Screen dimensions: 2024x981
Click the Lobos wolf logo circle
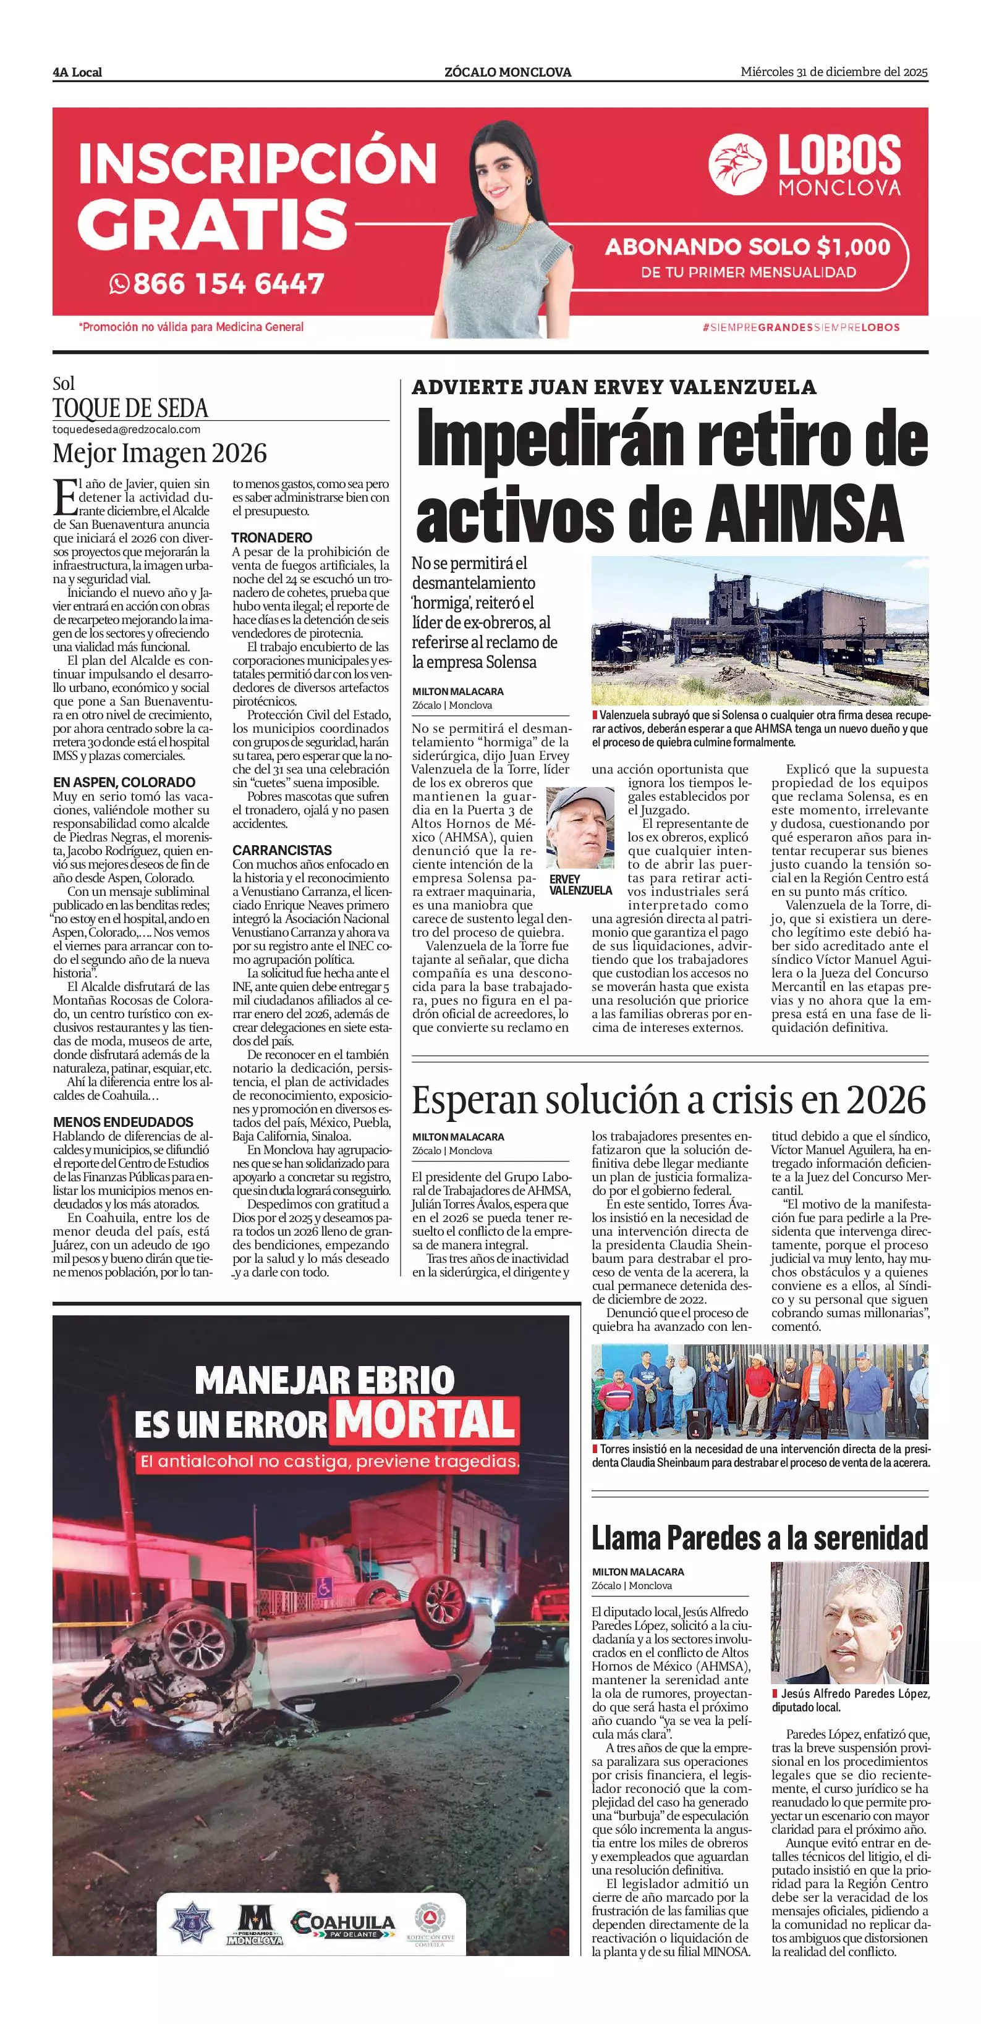pos(737,164)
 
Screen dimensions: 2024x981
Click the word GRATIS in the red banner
pos(212,223)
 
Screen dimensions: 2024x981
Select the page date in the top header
pos(833,72)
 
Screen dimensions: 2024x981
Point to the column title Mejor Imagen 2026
pos(159,453)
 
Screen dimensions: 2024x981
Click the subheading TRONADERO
pos(271,538)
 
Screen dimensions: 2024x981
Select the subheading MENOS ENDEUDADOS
pos(122,1122)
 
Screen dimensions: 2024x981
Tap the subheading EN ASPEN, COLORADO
pos(124,783)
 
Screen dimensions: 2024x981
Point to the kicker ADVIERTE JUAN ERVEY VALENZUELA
pos(614,387)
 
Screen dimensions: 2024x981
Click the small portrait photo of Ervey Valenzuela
pos(580,827)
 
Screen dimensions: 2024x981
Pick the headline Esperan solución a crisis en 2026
pos(669,1100)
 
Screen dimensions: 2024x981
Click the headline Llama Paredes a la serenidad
pos(759,1537)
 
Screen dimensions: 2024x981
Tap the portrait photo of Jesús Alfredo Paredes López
pos(849,1622)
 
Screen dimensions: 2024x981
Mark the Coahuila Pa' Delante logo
pos(342,1923)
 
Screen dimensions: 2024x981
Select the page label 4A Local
pos(77,72)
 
